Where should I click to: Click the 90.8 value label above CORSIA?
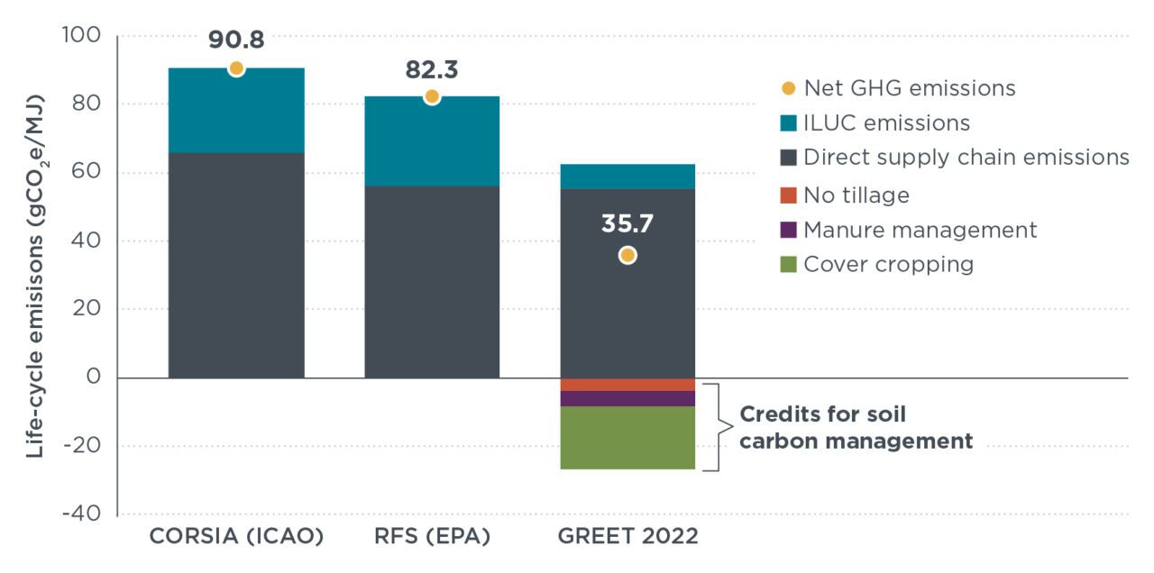click(236, 41)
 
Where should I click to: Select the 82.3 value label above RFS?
click(432, 69)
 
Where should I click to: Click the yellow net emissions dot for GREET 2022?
click(627, 256)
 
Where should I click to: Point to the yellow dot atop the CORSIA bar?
click(236, 68)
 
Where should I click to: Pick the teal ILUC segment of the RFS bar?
click(432, 141)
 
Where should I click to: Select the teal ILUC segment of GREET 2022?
click(627, 177)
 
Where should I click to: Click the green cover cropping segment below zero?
click(627, 438)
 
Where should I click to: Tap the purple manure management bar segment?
click(627, 398)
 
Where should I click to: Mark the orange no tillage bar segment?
click(627, 385)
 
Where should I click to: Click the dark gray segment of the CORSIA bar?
click(236, 265)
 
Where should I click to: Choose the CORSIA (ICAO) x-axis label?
click(236, 537)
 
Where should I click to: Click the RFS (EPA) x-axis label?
click(432, 537)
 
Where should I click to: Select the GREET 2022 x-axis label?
click(627, 537)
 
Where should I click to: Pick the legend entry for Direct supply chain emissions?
click(966, 158)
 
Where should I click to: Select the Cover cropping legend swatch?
click(788, 265)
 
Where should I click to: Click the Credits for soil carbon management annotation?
click(856, 428)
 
